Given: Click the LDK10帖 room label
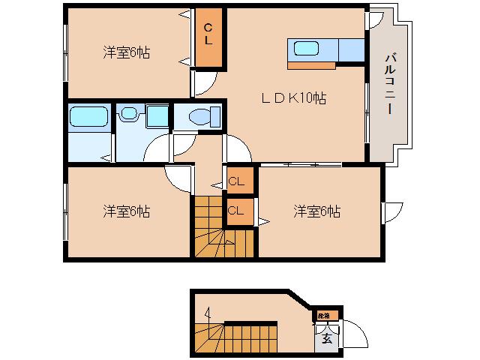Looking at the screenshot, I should coord(292,97).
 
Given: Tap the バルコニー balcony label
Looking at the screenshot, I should coord(390,82).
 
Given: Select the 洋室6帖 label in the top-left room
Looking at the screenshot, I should coord(126,52).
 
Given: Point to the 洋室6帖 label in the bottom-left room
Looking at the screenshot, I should coord(126,211).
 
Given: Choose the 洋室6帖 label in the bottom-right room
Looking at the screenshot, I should coord(316,211).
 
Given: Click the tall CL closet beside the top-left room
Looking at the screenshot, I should coord(209,37).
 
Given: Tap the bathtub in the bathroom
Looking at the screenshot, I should coord(89,117).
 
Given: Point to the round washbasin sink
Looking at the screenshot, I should coord(130,115).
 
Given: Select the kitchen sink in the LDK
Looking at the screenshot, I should coord(307,49).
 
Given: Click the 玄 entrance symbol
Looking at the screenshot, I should coord(327,338).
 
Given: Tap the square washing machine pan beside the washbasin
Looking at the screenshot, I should coord(157,116).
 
